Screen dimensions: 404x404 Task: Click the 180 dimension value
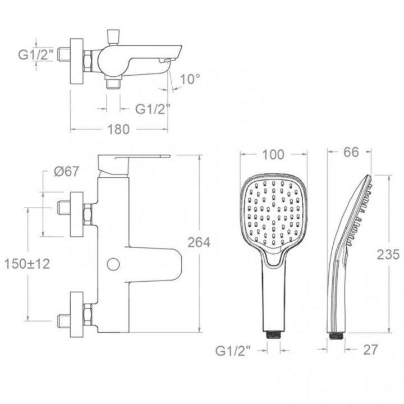pos(118,130)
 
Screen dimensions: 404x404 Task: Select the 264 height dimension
pos(199,242)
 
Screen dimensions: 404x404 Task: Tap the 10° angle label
pos(190,79)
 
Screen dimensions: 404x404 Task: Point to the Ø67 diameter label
pos(66,171)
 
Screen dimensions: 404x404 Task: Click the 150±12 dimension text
pos(27,264)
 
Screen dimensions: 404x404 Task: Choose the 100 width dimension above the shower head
pos(273,155)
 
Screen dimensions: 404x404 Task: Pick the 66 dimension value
pos(351,152)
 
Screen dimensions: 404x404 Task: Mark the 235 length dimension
pos(388,255)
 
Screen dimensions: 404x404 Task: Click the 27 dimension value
pos(370,350)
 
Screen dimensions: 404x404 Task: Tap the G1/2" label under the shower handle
pos(233,351)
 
